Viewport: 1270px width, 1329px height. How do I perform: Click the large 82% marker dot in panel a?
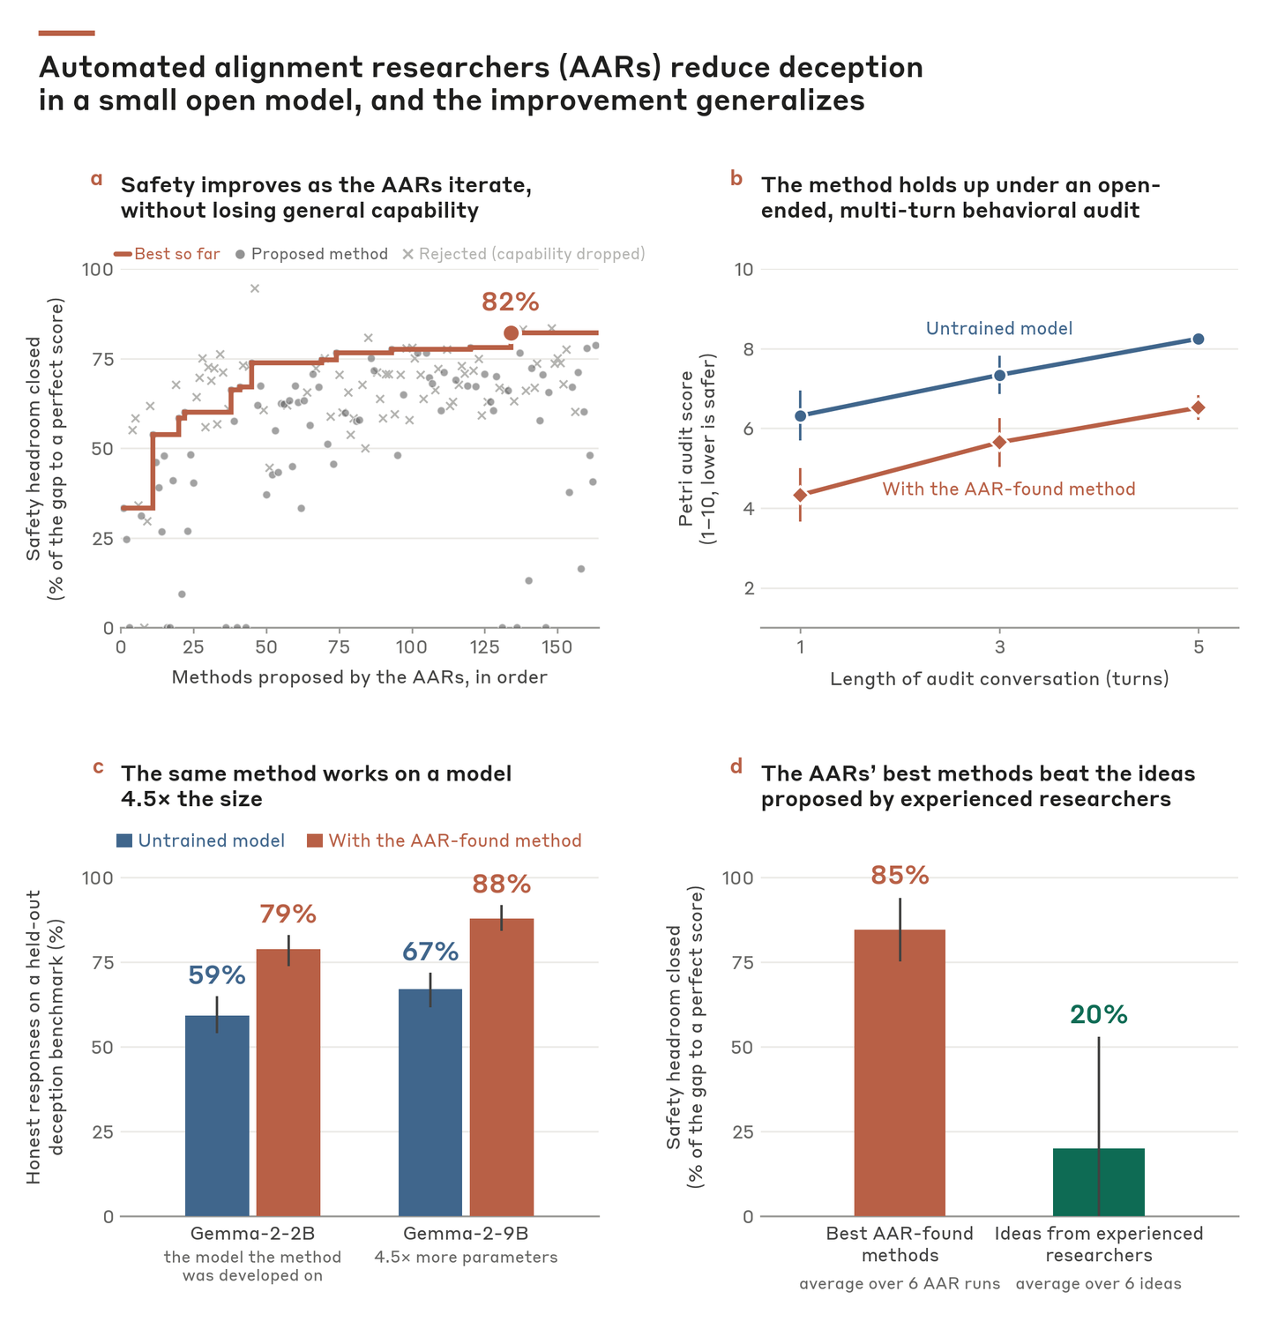click(x=511, y=332)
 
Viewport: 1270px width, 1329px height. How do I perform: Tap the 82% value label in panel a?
click(x=510, y=302)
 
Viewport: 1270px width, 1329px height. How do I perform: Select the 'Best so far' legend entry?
click(x=168, y=254)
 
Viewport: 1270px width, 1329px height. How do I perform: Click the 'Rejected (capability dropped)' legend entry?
click(x=524, y=254)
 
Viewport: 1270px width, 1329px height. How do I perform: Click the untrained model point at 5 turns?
click(x=1199, y=339)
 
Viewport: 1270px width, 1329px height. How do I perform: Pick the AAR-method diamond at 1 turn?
click(x=800, y=495)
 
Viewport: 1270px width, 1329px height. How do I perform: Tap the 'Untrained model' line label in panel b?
click(x=999, y=329)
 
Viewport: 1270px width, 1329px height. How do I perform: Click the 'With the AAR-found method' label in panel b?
click(x=1009, y=489)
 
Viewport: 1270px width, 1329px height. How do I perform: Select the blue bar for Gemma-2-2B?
click(x=217, y=1116)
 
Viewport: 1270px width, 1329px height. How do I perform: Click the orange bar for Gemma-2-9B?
click(x=502, y=1067)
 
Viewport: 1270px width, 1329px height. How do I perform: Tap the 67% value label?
click(x=430, y=952)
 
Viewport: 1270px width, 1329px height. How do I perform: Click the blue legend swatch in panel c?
click(x=124, y=840)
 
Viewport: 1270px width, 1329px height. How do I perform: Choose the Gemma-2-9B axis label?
click(x=466, y=1234)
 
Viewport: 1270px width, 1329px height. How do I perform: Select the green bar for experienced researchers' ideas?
click(x=1099, y=1182)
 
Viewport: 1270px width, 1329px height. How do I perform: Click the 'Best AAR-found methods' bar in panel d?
click(x=900, y=1072)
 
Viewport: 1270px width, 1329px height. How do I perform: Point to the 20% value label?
click(x=1099, y=1015)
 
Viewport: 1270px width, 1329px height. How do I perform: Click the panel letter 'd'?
click(x=736, y=767)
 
